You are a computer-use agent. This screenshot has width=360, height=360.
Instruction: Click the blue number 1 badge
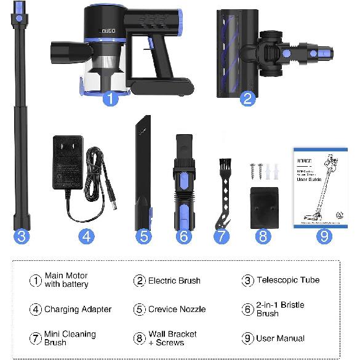pos(110,98)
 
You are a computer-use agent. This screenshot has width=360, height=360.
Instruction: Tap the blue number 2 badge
pos(247,98)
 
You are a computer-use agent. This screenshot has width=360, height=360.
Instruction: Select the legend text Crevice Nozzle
pos(177,309)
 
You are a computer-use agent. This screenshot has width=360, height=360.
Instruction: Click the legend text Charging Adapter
pos(78,309)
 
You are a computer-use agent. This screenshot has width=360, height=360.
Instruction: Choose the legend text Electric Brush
pos(174,281)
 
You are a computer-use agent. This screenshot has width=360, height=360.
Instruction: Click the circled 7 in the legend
pos(36,338)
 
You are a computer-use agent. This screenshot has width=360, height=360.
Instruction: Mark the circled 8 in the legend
pos(140,338)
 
